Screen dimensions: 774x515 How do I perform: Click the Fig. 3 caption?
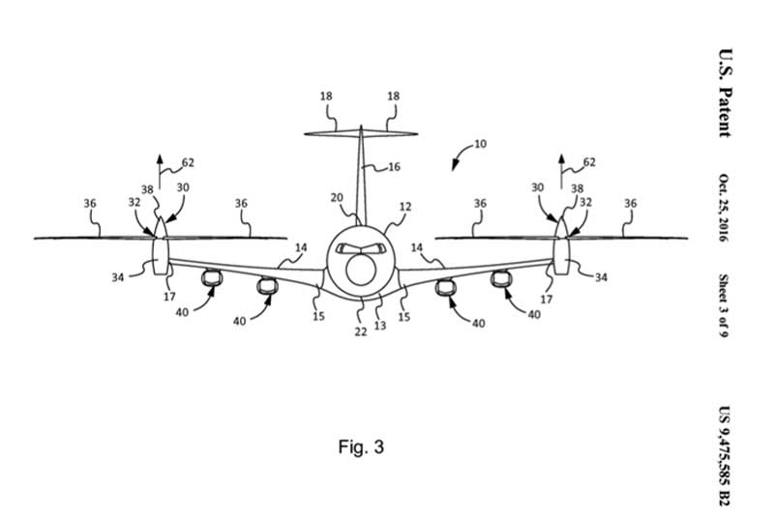pos(361,446)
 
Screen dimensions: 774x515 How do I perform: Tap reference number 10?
pos(480,143)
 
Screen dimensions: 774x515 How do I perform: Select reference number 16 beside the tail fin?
pos(394,166)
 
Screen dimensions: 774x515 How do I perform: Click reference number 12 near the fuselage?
pos(405,207)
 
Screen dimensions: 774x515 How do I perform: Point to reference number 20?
pos(337,198)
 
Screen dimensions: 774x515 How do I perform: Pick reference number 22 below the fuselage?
pos(361,331)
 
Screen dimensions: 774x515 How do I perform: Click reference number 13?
pos(380,326)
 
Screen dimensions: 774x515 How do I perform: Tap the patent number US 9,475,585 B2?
pos(724,455)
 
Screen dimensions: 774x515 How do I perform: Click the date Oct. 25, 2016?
pos(724,208)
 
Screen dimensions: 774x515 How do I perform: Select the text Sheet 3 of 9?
pos(724,305)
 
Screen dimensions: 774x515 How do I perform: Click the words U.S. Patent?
pos(725,93)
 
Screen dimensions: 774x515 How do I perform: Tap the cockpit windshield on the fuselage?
pos(360,248)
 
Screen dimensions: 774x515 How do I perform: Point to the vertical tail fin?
pos(361,176)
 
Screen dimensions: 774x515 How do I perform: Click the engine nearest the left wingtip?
pos(212,278)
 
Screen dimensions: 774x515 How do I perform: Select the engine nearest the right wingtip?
pos(501,279)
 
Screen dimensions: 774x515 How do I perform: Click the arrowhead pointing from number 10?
pos(454,166)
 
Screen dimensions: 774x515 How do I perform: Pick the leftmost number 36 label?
pos(90,203)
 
